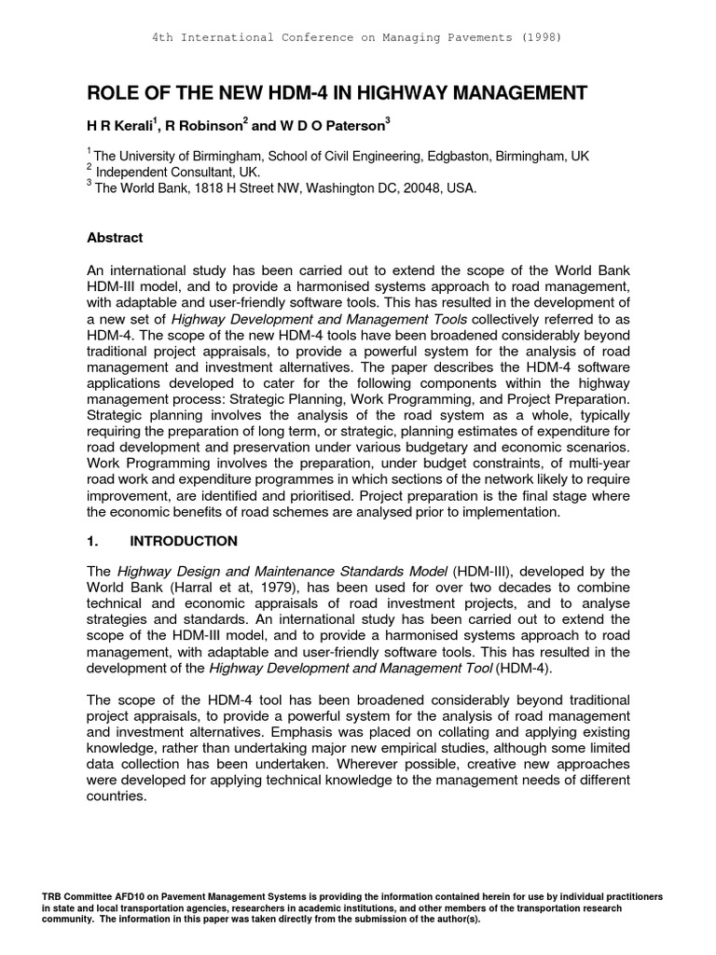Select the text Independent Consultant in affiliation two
coord(166,172)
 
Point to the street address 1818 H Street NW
coord(236,187)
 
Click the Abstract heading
coord(115,238)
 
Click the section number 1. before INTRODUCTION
coord(92,541)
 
